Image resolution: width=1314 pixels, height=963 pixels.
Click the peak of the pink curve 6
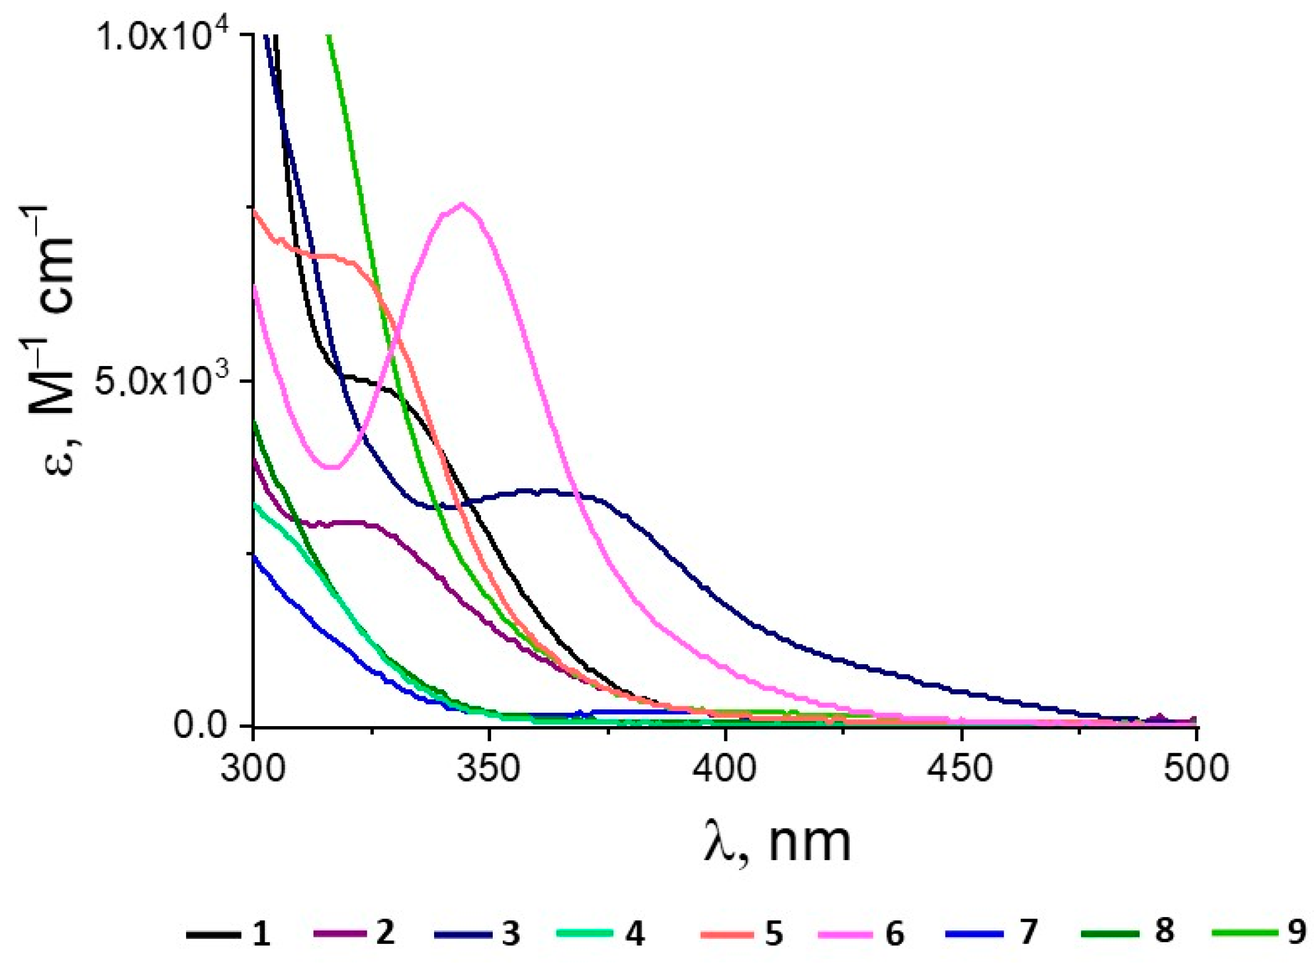click(x=462, y=204)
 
